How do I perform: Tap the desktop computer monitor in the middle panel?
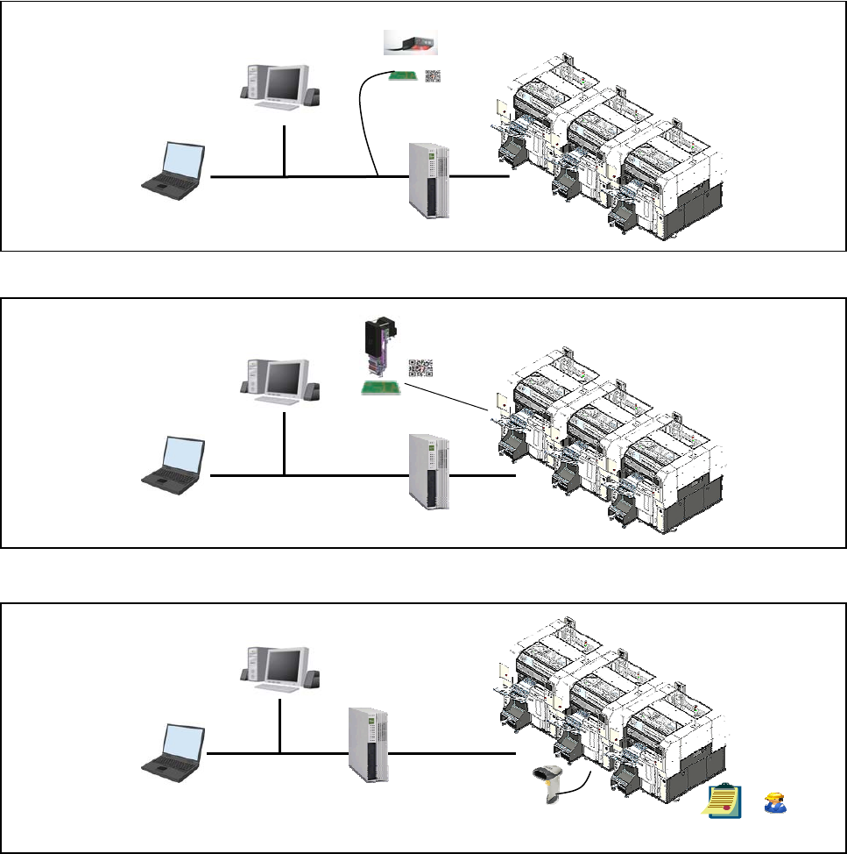pyautogui.click(x=283, y=380)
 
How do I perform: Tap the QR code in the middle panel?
pyautogui.click(x=420, y=369)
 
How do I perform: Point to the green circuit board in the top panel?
pyautogui.click(x=404, y=77)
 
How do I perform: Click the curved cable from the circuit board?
pyautogui.click(x=364, y=123)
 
